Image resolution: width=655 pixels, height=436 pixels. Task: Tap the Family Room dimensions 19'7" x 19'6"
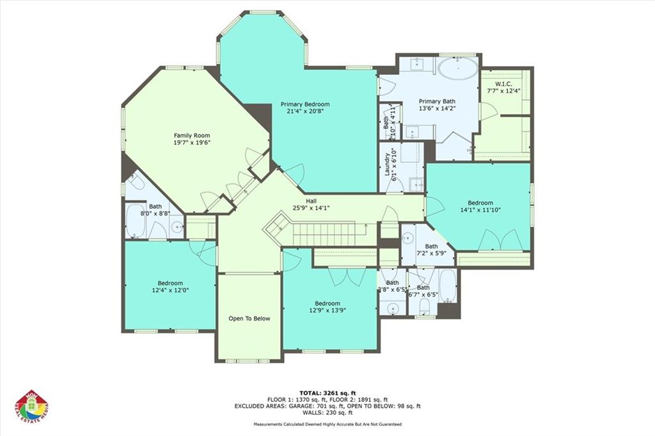192,143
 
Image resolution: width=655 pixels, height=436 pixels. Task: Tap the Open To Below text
249,318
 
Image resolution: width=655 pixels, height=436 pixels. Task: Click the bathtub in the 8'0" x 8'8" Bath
136,221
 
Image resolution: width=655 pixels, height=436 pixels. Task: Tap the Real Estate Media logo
31,407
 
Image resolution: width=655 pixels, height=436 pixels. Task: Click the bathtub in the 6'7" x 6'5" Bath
447,285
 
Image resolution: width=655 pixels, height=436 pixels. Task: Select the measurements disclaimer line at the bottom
327,424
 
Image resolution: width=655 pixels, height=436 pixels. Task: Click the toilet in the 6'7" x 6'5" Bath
424,308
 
